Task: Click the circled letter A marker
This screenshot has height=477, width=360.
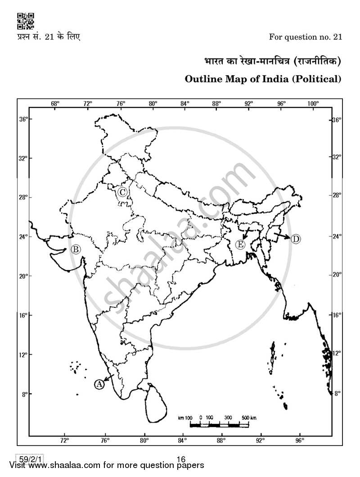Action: click(99, 384)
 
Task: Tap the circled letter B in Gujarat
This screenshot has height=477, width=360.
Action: click(76, 249)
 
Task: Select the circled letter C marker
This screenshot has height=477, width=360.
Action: click(122, 193)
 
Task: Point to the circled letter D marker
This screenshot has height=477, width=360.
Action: click(295, 239)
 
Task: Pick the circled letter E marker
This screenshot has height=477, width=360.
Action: click(240, 244)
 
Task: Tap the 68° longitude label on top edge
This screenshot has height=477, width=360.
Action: click(55, 103)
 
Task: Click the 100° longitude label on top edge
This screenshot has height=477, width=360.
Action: click(313, 103)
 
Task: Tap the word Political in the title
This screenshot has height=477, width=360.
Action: click(318, 79)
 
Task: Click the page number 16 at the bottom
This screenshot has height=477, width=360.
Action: click(181, 459)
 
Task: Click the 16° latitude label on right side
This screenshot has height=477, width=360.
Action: click(337, 315)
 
